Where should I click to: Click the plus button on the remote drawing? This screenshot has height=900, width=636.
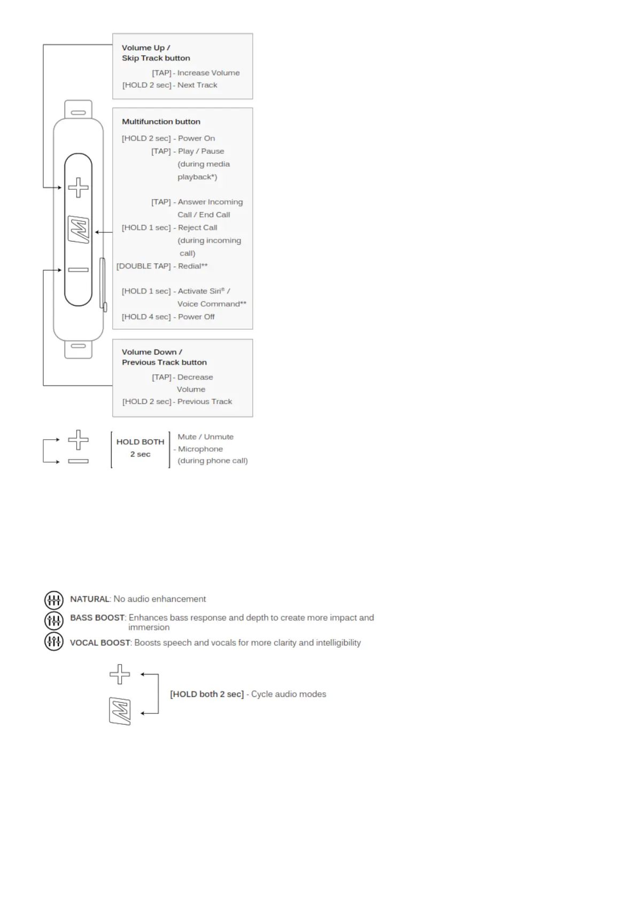(x=78, y=188)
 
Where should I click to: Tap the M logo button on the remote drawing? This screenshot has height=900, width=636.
(x=79, y=230)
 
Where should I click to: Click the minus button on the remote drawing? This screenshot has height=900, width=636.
(x=78, y=270)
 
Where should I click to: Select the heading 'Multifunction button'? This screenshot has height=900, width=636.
(x=161, y=122)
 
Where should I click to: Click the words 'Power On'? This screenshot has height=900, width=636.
(x=196, y=138)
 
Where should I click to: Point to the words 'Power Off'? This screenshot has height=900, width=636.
(x=196, y=317)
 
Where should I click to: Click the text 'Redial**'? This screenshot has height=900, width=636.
(x=192, y=266)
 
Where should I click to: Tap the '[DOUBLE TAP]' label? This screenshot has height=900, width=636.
(x=143, y=266)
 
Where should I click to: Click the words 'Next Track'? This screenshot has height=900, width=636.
(x=197, y=85)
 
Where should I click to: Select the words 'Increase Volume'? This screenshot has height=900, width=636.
(x=208, y=73)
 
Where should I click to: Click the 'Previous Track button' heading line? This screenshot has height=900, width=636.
(x=164, y=362)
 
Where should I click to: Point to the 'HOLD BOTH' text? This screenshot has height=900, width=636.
(x=140, y=442)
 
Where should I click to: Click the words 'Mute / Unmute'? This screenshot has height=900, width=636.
(x=205, y=437)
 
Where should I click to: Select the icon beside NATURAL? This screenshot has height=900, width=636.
(x=53, y=600)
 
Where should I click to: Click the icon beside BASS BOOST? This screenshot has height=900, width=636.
(x=53, y=620)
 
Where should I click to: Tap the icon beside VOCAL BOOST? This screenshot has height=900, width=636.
(x=53, y=641)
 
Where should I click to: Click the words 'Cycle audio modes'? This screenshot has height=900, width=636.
(x=289, y=694)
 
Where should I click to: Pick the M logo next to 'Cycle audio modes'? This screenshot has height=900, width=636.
(x=120, y=711)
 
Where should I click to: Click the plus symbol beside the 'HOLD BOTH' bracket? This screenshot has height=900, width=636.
(x=78, y=440)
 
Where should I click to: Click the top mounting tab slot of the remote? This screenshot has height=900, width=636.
(x=78, y=113)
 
